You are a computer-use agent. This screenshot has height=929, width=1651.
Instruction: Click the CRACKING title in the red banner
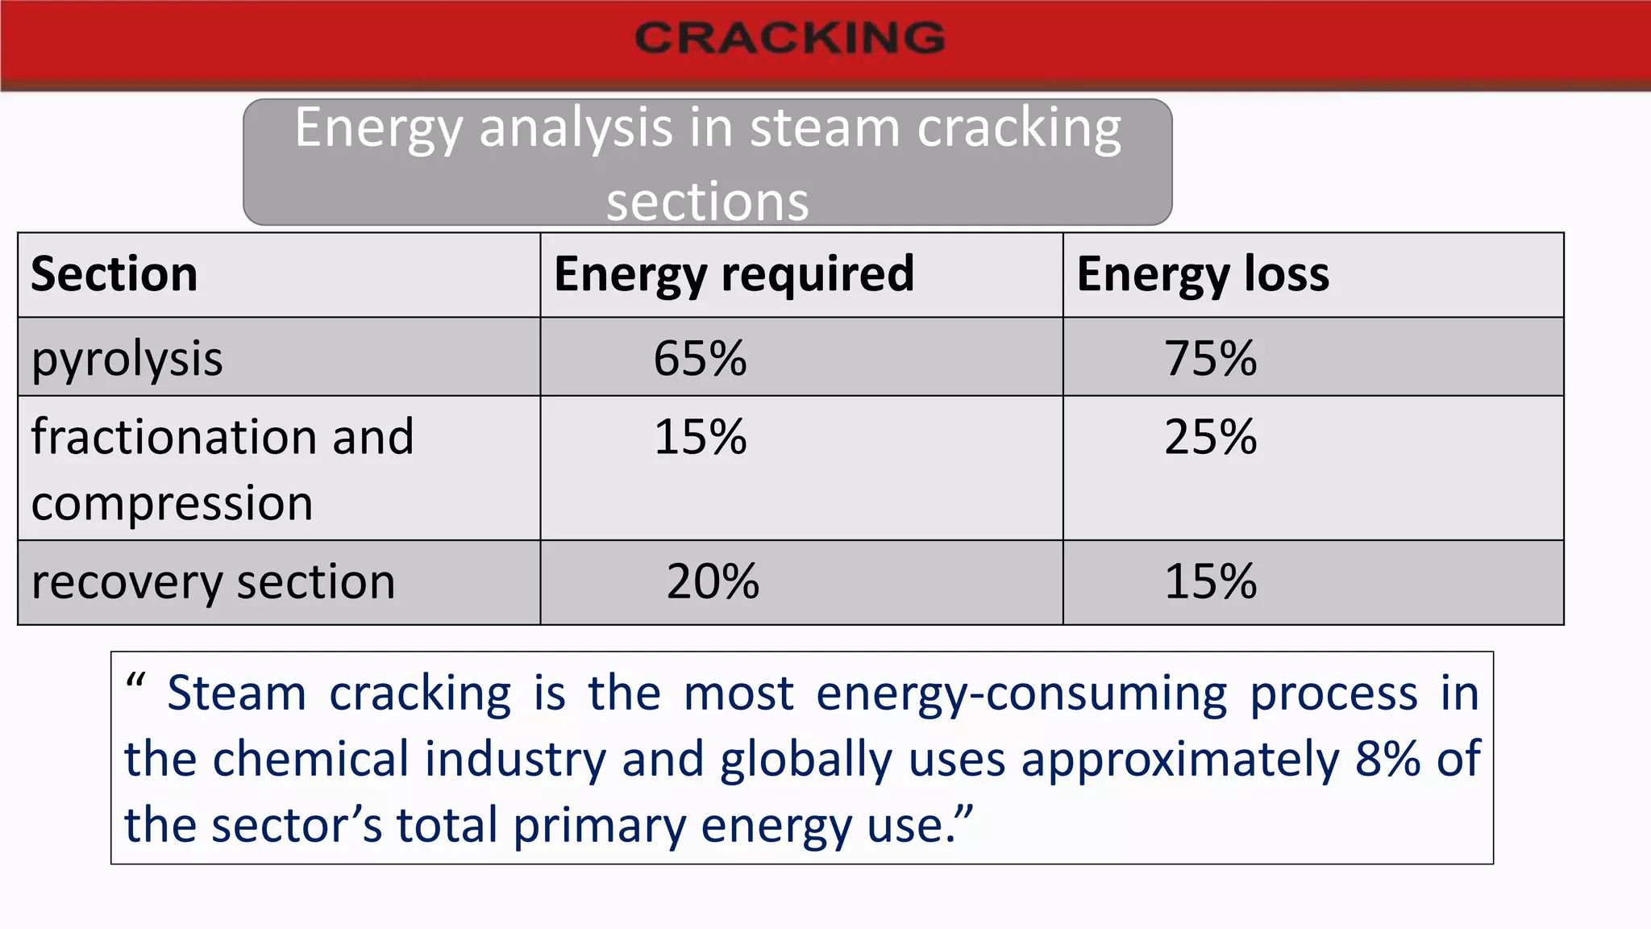tap(789, 38)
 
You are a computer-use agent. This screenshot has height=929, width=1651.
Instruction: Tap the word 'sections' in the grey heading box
tap(707, 202)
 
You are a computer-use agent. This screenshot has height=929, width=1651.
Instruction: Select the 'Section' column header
tap(114, 274)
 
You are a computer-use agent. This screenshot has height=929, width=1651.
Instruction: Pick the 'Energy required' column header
tap(734, 274)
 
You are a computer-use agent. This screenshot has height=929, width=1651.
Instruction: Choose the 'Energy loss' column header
tap(1203, 274)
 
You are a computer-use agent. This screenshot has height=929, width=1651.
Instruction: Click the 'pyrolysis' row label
tap(127, 359)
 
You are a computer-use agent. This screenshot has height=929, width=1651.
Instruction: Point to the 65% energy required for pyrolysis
tap(700, 358)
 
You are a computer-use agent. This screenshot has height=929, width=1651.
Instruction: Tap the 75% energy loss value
tap(1210, 358)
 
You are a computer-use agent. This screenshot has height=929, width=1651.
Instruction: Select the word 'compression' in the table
tap(172, 503)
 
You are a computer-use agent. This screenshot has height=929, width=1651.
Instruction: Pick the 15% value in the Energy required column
tap(700, 437)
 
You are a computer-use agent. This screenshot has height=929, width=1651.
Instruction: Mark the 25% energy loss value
tap(1210, 437)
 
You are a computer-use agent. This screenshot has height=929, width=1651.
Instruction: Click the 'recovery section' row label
tap(214, 582)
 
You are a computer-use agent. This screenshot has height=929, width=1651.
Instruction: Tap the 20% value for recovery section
tap(713, 581)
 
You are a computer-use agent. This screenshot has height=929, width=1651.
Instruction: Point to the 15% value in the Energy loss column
tap(1210, 581)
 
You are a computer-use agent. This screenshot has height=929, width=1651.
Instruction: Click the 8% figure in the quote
tap(1387, 759)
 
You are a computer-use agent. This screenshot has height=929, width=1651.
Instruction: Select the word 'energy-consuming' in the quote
tap(1021, 694)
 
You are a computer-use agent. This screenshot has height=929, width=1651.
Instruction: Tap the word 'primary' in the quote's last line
tap(599, 827)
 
